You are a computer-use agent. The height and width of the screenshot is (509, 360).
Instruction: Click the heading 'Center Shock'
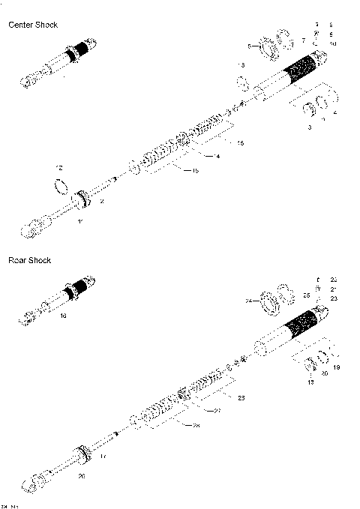(32, 25)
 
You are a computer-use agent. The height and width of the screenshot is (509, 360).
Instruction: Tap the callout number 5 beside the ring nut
(250, 46)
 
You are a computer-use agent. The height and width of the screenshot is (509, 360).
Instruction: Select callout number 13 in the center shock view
(241, 66)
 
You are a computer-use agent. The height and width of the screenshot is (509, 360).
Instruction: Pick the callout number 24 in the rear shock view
(249, 303)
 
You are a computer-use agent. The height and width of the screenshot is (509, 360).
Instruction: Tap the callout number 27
(217, 412)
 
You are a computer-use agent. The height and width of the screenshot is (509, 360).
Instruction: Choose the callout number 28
(196, 427)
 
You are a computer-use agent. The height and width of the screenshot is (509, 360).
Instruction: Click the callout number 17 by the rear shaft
(103, 456)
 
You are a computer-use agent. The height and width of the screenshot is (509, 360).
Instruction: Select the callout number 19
(337, 367)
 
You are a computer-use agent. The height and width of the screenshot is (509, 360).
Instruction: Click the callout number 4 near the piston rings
(334, 113)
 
